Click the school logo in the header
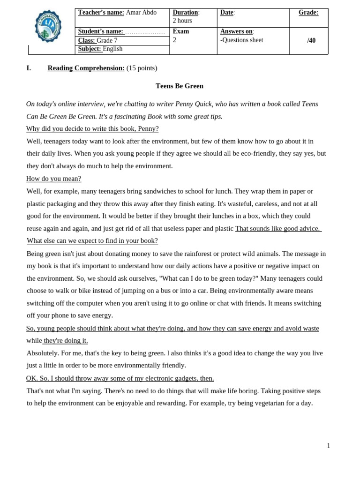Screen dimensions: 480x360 (x=48, y=26)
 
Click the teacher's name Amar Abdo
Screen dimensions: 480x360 (x=141, y=13)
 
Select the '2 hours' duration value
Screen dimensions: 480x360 (x=182, y=21)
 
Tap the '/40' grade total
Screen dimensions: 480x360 (x=311, y=41)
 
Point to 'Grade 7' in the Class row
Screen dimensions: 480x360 (x=107, y=41)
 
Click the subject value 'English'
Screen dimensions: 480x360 (x=112, y=49)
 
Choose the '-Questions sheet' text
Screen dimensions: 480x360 (x=241, y=40)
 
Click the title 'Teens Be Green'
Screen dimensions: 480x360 (x=180, y=86)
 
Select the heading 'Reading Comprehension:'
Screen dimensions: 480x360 (x=86, y=68)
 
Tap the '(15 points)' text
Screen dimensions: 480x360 (x=142, y=68)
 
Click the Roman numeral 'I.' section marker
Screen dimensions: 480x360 (x=29, y=68)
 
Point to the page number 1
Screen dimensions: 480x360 (x=329, y=446)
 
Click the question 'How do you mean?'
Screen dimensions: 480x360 (x=53, y=179)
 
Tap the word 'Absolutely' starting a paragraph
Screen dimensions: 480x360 (x=42, y=353)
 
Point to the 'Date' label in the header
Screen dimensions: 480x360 (x=226, y=13)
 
